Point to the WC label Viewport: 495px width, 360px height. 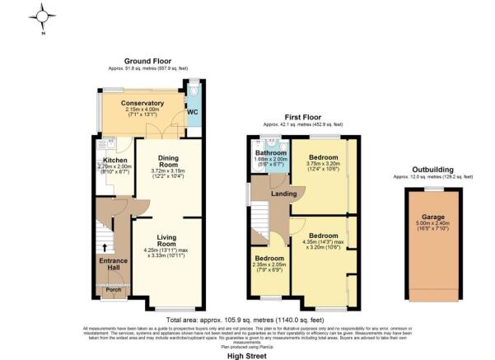tap(193, 111)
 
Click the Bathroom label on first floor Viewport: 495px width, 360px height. tap(270, 153)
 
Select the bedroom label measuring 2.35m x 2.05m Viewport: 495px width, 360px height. tap(269, 258)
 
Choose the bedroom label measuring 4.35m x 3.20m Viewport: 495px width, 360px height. tap(322, 235)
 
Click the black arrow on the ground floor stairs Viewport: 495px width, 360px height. tap(105, 246)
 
